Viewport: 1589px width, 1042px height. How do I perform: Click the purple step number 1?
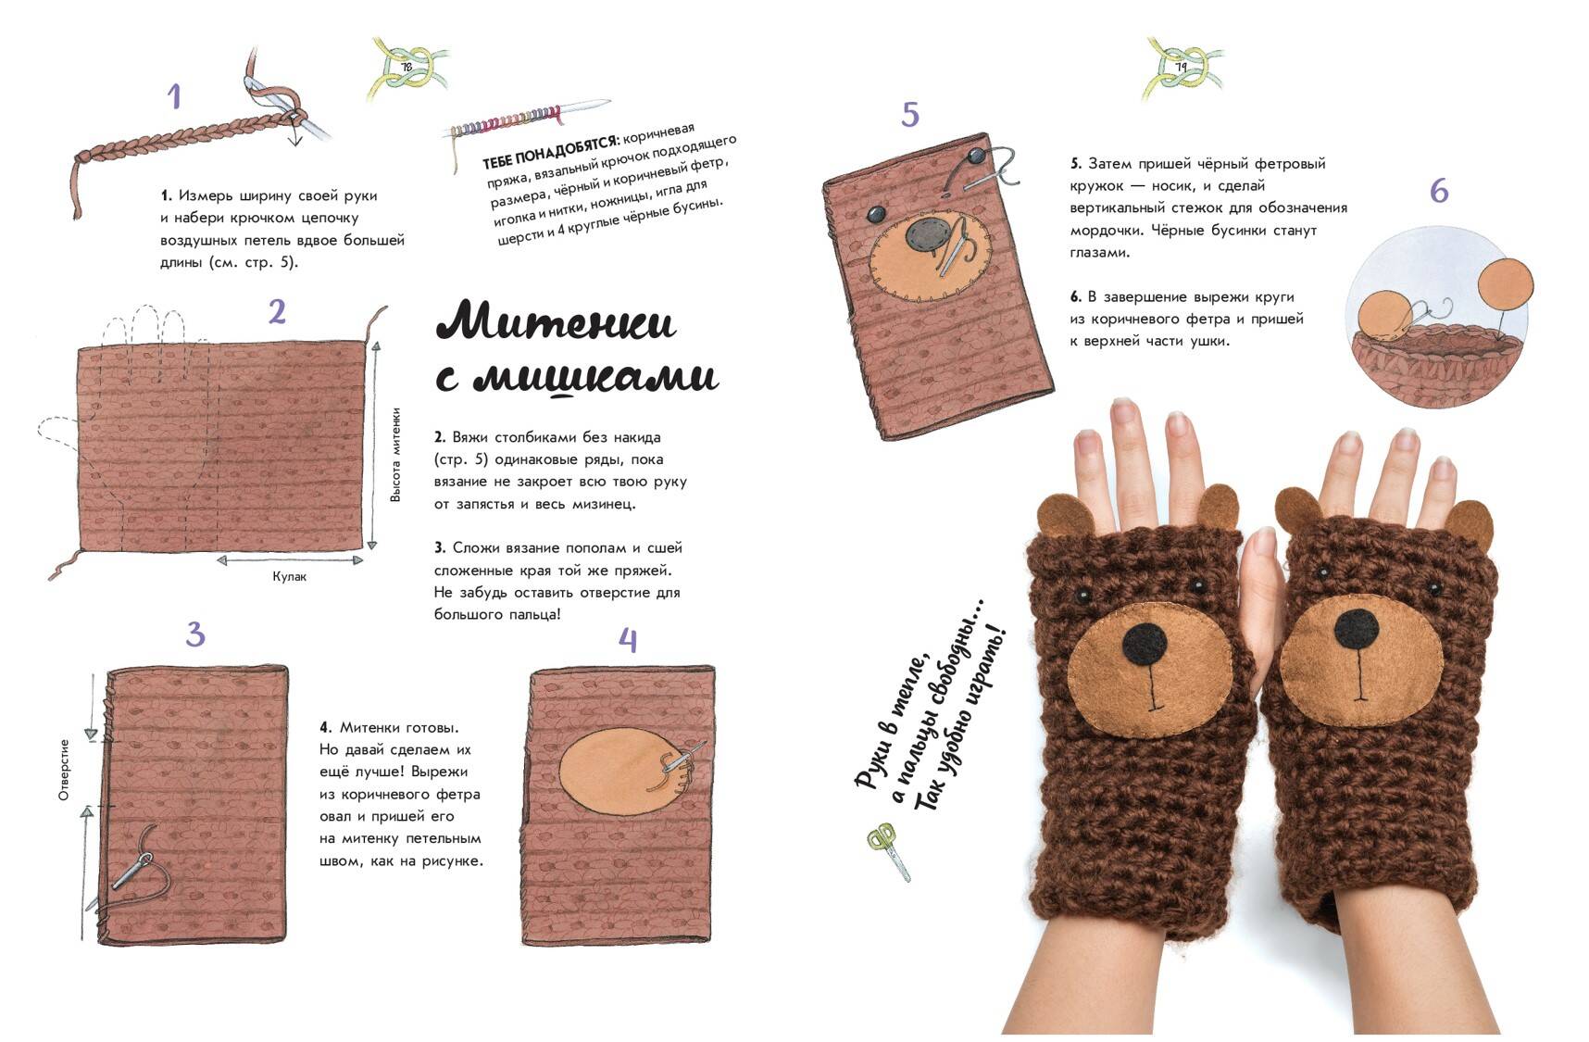tap(174, 97)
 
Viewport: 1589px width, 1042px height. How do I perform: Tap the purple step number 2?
tap(277, 312)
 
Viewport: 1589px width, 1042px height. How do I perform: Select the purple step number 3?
tap(194, 634)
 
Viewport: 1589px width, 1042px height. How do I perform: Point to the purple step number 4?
tap(628, 640)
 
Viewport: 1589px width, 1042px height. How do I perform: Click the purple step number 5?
tap(910, 115)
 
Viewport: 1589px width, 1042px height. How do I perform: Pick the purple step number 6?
tap(1439, 191)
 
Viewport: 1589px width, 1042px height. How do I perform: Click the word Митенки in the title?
tap(556, 322)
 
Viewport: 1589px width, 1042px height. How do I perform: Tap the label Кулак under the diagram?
tap(289, 576)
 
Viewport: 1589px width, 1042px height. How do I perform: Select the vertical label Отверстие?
tap(64, 770)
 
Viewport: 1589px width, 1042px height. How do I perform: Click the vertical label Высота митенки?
tap(395, 455)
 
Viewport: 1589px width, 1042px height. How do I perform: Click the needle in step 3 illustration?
tap(131, 871)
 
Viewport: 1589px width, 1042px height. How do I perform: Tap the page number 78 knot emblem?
tap(407, 68)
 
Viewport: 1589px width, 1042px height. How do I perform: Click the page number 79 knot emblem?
tap(1182, 68)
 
